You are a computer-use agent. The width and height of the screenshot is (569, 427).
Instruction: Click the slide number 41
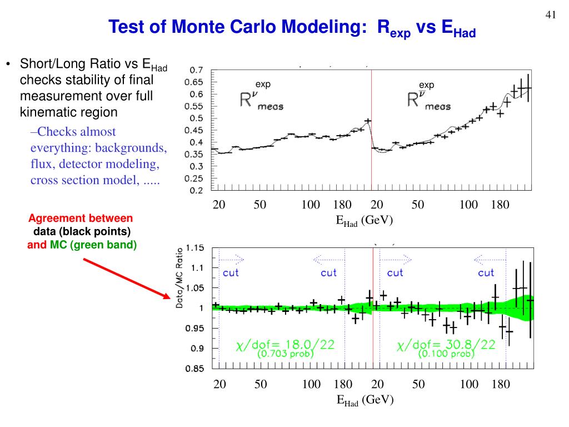[x=551, y=15]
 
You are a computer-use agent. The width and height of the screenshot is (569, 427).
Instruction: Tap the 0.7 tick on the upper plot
[x=196, y=70]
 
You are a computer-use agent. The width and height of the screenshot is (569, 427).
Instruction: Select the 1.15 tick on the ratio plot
[x=194, y=247]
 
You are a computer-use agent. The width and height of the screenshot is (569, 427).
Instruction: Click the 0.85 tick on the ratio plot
[x=194, y=368]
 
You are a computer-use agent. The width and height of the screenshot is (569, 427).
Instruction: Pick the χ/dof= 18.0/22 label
[x=285, y=345]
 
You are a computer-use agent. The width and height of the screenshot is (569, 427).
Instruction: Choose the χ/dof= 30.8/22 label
[x=446, y=345]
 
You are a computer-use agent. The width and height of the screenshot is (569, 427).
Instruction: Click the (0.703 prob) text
[x=286, y=354]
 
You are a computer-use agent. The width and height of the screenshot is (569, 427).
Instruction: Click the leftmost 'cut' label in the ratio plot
[x=231, y=272]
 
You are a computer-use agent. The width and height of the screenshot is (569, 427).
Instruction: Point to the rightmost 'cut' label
[x=486, y=272]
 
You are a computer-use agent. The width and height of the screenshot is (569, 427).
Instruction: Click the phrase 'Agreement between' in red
[x=81, y=218]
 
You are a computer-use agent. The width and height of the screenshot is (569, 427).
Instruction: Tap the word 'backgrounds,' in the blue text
[x=130, y=148]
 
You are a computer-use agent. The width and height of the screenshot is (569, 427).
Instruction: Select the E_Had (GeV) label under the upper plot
[x=364, y=220]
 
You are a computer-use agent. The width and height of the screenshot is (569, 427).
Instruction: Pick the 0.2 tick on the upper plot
[x=196, y=190]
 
